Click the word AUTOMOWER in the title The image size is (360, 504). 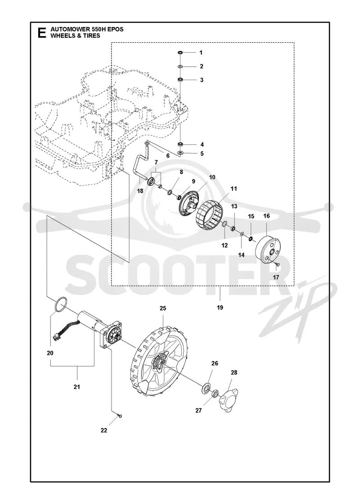coord(66,30)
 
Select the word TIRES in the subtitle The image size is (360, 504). coord(93,36)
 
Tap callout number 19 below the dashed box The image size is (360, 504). coord(220,308)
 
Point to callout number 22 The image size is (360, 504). coord(104,430)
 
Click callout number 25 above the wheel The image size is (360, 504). coord(163,308)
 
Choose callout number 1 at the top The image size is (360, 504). coord(201,52)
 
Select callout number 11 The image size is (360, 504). coord(234,189)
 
